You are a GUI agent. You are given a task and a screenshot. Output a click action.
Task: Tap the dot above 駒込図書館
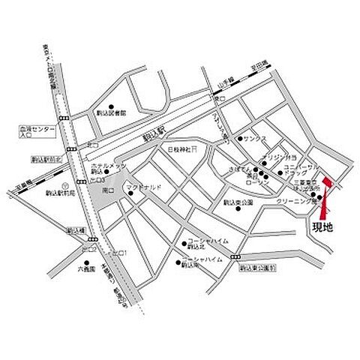[111, 106]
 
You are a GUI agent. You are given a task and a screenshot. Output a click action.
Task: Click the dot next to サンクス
[239, 139]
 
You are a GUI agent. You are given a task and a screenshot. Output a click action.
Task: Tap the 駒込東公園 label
[238, 202]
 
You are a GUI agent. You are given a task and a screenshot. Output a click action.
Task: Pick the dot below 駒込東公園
[238, 209]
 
